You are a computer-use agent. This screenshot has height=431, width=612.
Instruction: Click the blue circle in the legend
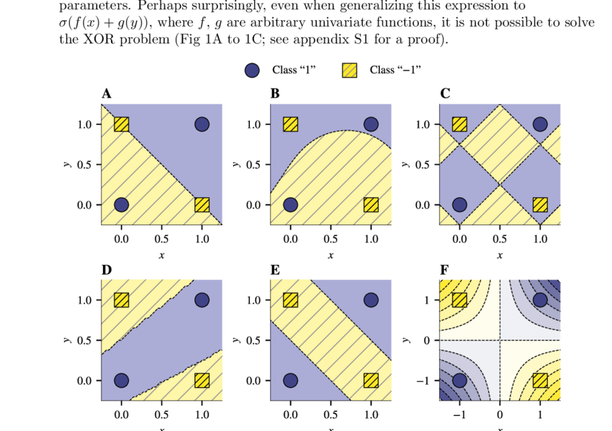point(252,70)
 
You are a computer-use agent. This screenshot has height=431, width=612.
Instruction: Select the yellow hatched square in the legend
point(349,70)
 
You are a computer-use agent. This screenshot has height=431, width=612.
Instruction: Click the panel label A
point(107,94)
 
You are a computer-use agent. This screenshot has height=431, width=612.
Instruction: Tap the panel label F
point(444,270)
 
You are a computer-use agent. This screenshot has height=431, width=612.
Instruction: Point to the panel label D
point(107,270)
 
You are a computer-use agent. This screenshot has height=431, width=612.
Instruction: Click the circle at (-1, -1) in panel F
point(459,380)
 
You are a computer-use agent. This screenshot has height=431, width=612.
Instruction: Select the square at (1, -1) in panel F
point(540,380)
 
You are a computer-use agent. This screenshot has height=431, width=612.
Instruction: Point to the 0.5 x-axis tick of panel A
point(161,238)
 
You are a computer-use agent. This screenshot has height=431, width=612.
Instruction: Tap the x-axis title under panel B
point(330,255)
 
